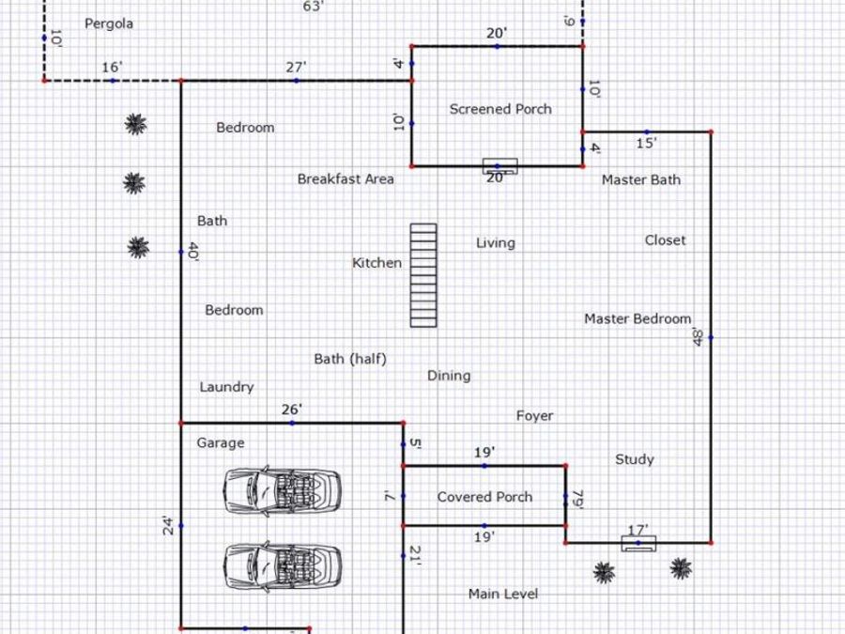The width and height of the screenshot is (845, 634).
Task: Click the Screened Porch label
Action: coord(500,109)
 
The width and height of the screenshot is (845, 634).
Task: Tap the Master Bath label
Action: coord(641,179)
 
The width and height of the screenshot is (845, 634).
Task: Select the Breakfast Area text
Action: coord(346,179)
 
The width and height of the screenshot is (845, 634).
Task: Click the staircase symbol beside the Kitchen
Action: coord(423,275)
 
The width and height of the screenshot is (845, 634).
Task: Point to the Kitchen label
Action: coord(376,263)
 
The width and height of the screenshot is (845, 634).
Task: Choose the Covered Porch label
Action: coord(484,497)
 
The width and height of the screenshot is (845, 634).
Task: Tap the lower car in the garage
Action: coord(283,567)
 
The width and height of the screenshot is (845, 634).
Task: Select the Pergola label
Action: coord(109,23)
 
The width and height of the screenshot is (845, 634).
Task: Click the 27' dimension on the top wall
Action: coord(296,68)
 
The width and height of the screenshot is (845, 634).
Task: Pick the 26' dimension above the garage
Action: coord(292,410)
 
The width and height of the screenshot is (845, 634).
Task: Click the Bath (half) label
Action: coord(350,359)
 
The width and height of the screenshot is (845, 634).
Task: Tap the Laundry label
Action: coord(226,387)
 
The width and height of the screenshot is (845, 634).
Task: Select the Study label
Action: coord(635,459)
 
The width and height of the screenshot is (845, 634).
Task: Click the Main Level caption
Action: coord(503,594)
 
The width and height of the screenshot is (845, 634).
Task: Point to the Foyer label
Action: coord(534,416)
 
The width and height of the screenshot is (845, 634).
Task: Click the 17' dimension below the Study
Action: coord(638,531)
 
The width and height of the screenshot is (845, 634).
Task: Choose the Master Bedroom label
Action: coord(638,318)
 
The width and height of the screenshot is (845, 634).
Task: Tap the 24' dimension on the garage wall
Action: coord(169,526)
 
